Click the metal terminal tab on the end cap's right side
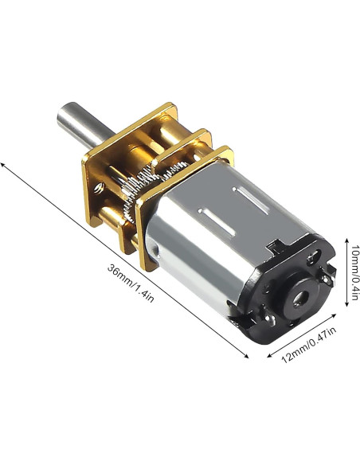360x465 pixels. click(x=327, y=275)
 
